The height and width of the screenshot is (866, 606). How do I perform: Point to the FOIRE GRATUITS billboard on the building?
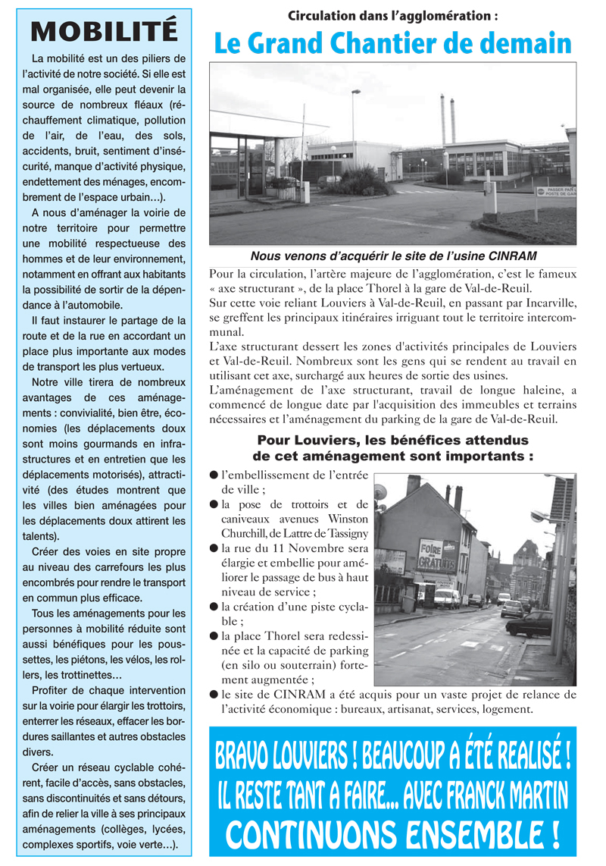[439, 554]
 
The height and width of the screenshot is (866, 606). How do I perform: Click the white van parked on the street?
[446, 598]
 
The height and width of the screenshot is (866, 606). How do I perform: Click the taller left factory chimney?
[442, 119]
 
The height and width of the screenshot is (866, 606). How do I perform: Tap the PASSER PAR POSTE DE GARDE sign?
[557, 192]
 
